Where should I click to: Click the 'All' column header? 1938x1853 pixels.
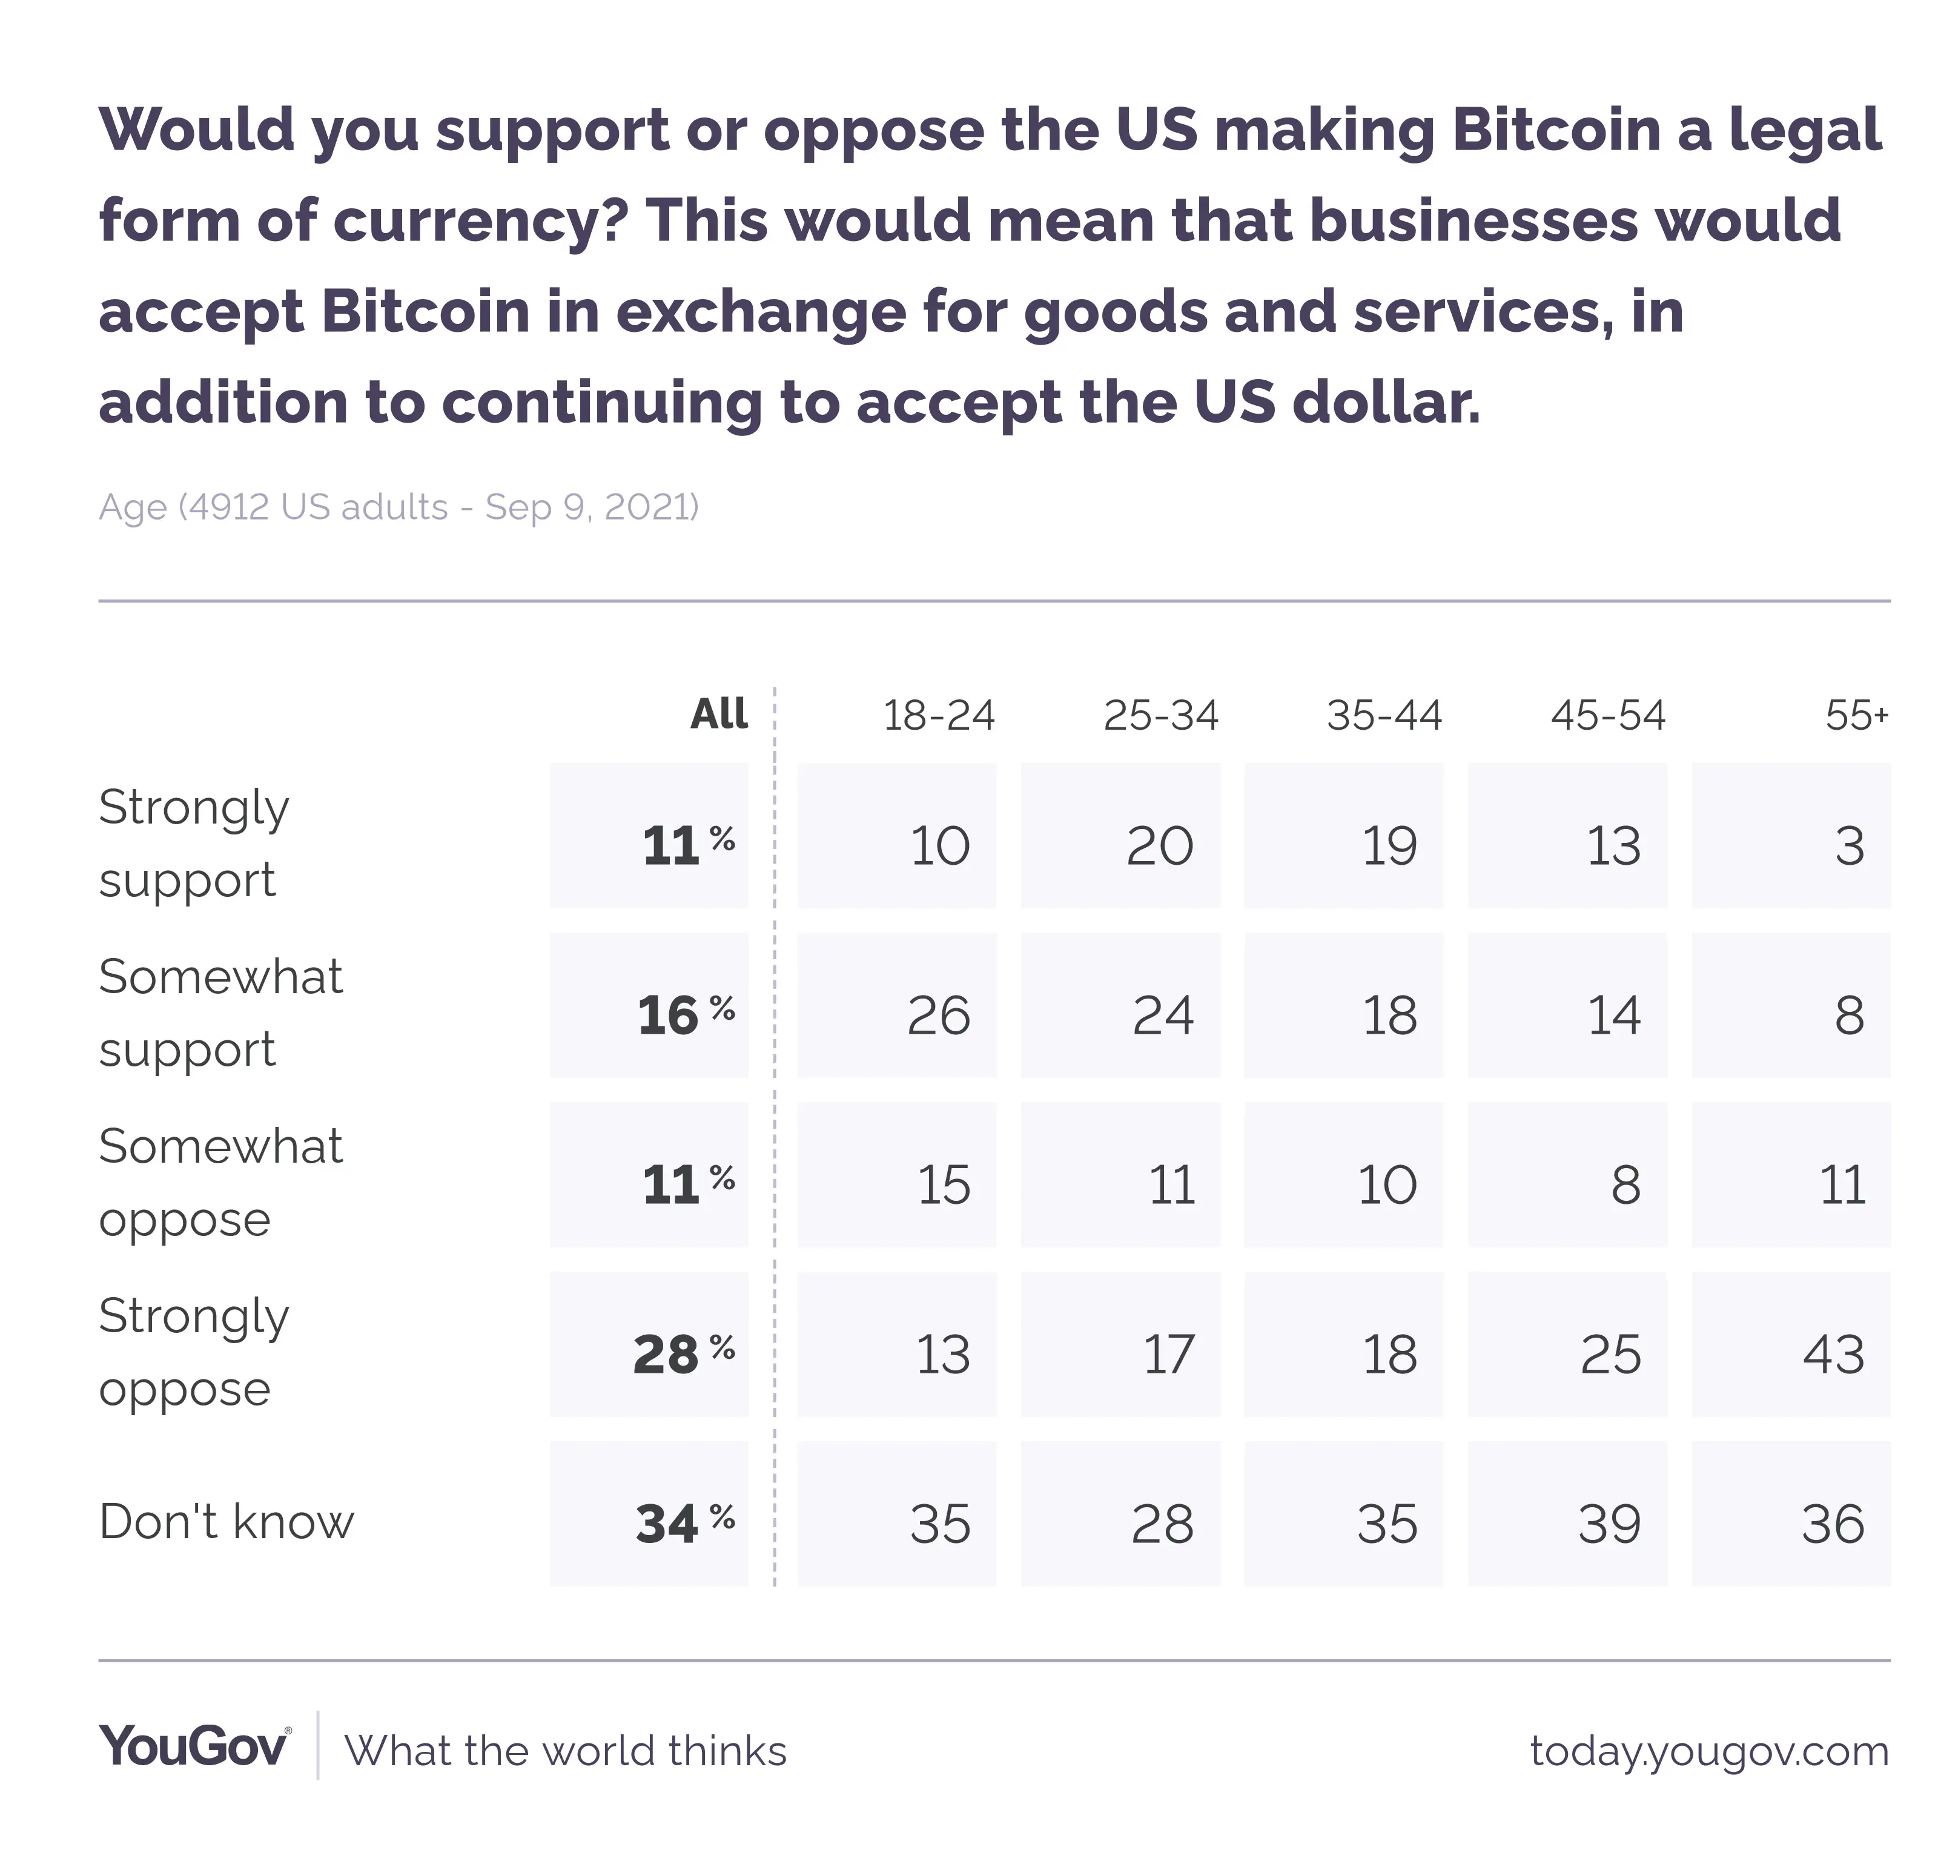[x=718, y=714]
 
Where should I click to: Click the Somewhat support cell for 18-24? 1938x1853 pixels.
[x=938, y=1016]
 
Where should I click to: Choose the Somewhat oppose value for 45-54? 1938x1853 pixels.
[x=1625, y=1185]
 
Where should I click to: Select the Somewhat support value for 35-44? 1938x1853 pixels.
[x=1388, y=1016]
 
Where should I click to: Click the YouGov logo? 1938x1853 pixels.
[x=194, y=1746]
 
